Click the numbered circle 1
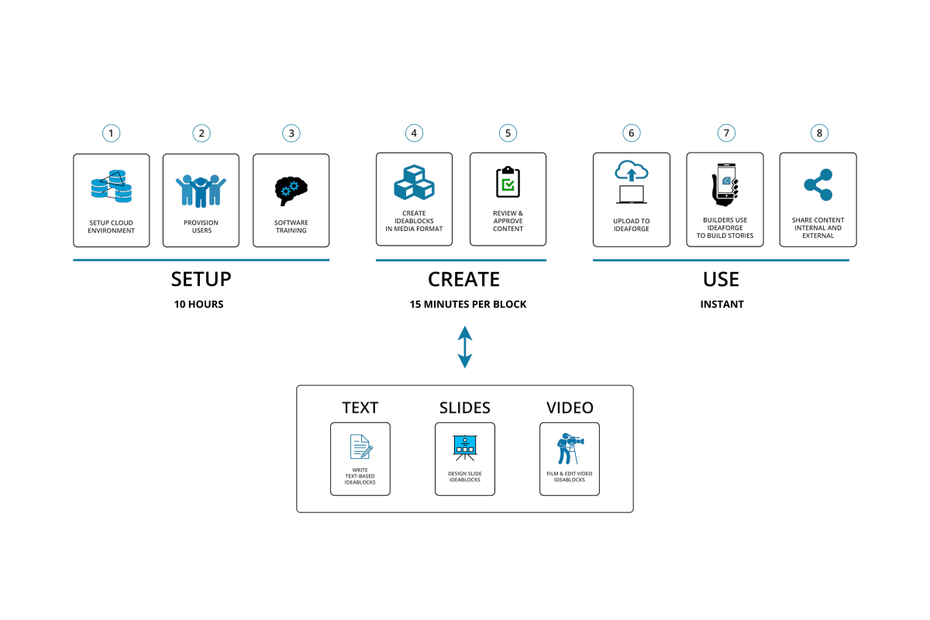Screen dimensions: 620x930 click(x=112, y=133)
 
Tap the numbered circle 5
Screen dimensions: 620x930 click(x=508, y=133)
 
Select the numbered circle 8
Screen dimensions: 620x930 click(x=818, y=133)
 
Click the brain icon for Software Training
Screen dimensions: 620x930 click(x=291, y=189)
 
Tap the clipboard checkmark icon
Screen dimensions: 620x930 click(x=508, y=182)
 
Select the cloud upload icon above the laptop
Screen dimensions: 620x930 click(x=631, y=170)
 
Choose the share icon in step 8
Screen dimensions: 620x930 click(x=818, y=185)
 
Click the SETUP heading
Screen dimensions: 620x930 click(x=201, y=279)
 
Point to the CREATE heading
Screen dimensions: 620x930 click(x=463, y=279)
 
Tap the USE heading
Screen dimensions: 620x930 click(x=721, y=279)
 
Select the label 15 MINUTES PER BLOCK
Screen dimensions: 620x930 click(x=468, y=305)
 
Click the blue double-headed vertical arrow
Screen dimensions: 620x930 click(x=464, y=346)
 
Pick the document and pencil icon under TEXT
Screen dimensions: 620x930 click(x=360, y=447)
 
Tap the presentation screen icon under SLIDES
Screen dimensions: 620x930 click(x=464, y=446)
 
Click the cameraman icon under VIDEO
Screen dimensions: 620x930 click(x=570, y=447)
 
